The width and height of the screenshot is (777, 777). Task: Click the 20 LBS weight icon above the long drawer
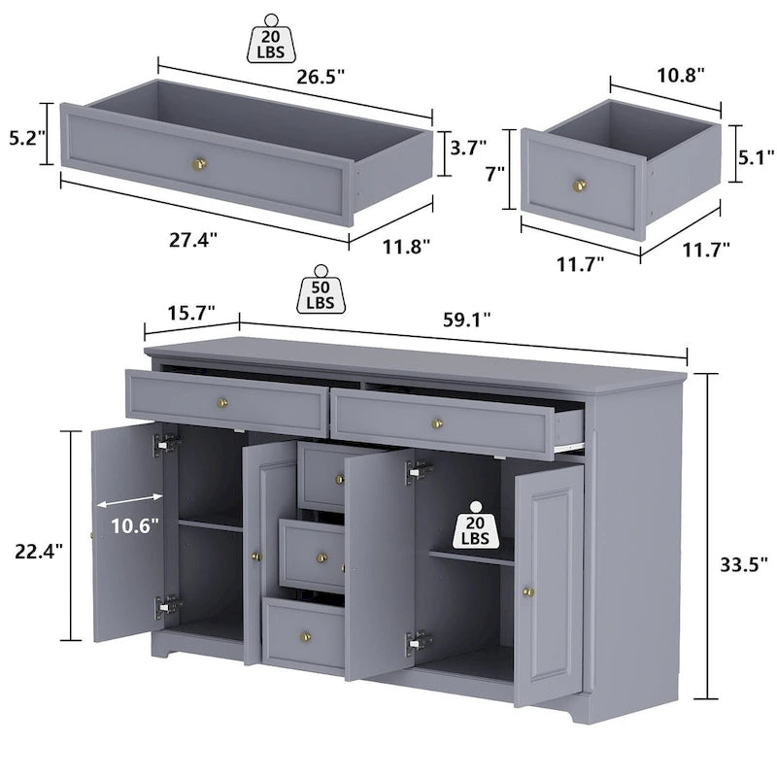(x=272, y=39)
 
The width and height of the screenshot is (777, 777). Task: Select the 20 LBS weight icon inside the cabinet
(x=476, y=525)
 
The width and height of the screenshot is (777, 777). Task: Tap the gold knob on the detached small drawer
(x=581, y=184)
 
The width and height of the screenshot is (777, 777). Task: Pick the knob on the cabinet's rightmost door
(x=528, y=590)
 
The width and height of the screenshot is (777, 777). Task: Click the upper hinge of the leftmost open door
(x=166, y=444)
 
